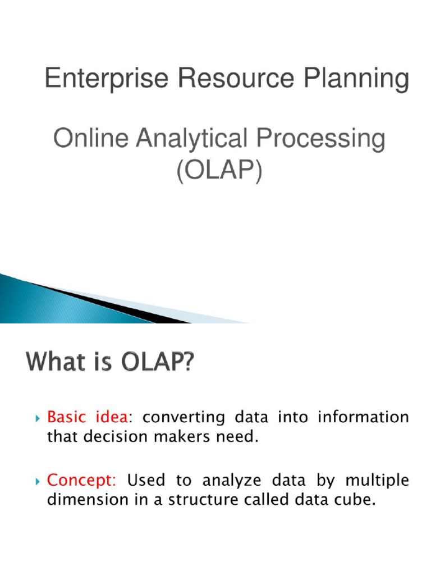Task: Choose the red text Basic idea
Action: [x=88, y=418]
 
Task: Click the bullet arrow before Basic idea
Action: [x=37, y=418]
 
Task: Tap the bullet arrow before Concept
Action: [x=37, y=481]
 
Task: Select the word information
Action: [x=363, y=418]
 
